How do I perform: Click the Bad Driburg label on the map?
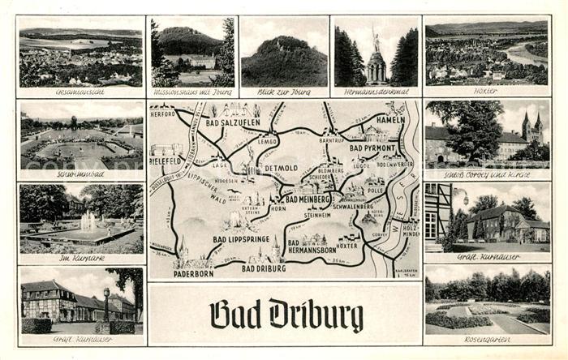[264, 268]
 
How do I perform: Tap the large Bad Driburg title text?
[286, 315]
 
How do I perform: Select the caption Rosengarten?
[487, 339]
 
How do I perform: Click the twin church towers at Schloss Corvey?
[531, 127]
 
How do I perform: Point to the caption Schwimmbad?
[80, 174]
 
